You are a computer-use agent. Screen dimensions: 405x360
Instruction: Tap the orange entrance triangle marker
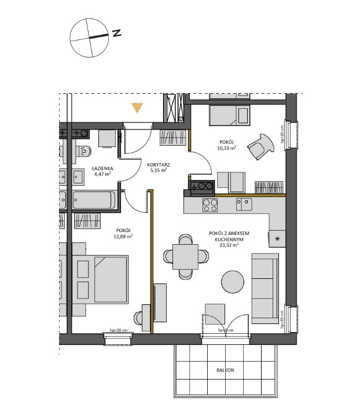pos(137,108)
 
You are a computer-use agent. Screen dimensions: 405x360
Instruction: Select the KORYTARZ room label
pos(158,164)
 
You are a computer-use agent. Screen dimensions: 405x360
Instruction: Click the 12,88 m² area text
pos(123,236)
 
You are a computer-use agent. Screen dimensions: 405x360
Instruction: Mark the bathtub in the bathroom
pos(93,201)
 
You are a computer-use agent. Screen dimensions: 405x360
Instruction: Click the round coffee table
pos(234,282)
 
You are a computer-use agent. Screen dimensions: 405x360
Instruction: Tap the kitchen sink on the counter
pos(244,204)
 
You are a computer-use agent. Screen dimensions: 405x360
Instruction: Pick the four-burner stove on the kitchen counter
pos(210,205)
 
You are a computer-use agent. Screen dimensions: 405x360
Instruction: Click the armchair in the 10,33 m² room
pos(260,145)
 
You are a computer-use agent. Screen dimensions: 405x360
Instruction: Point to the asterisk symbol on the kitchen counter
pos(277,238)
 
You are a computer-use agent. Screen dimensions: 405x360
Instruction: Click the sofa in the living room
pos(265,282)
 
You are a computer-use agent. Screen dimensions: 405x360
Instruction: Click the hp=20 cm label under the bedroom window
pos(118,330)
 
